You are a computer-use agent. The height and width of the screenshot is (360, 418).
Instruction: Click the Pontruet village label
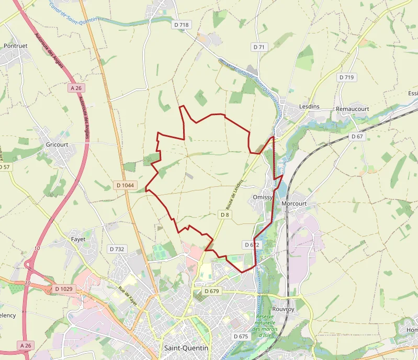15,46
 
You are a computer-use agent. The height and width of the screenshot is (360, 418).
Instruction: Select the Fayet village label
78,239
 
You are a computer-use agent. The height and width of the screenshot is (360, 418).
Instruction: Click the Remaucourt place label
353,109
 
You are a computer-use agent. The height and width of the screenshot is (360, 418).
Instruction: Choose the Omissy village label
263,197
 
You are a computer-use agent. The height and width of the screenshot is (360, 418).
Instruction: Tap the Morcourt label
293,203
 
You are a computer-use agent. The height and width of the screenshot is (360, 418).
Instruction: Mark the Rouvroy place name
284,309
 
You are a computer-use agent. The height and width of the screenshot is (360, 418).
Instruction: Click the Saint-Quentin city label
186,348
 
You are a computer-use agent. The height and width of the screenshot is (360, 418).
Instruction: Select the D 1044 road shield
124,185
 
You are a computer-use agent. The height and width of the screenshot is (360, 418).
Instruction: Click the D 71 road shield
259,47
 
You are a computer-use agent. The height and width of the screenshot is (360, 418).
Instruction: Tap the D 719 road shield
346,77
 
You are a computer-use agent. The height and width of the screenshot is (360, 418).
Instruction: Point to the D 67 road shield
357,137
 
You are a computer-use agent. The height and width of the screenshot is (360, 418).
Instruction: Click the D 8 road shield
224,215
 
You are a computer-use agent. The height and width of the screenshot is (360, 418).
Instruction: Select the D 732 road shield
116,249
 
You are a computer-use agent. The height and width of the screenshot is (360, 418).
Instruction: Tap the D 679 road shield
211,291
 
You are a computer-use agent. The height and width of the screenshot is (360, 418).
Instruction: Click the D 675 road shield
241,336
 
